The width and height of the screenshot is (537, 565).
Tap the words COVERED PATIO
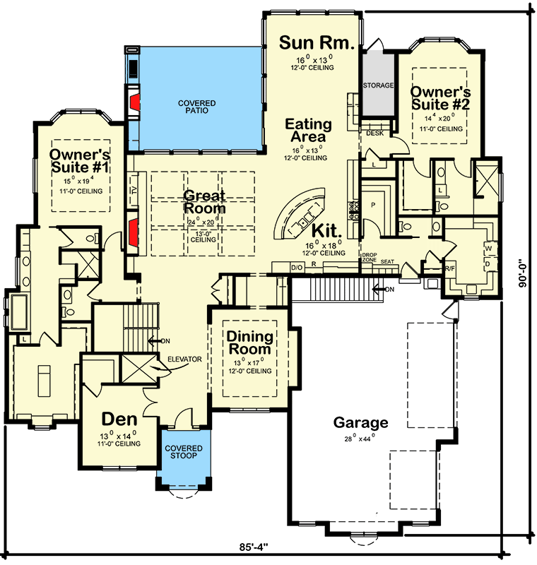point(197,107)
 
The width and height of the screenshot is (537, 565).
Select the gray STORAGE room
point(379,85)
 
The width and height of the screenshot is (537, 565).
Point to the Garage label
point(361,423)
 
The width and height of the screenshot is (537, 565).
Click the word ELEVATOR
point(184,359)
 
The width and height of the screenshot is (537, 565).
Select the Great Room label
point(204,202)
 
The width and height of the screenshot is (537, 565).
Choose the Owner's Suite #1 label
point(78,161)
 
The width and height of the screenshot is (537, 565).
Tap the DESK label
point(374,132)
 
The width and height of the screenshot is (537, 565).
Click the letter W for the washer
point(488,249)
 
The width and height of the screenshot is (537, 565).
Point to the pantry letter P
point(372,203)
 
